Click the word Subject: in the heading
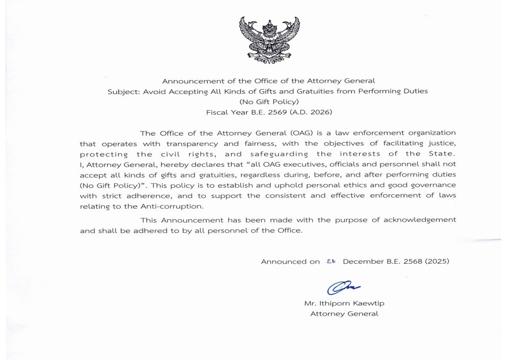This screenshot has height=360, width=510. click(121, 91)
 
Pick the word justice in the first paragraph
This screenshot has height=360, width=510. click(442, 144)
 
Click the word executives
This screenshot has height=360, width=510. click(285, 164)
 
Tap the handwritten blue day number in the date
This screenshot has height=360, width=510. click(331, 261)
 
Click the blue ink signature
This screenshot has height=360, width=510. click(343, 288)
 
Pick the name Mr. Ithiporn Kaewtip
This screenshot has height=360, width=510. click(344, 303)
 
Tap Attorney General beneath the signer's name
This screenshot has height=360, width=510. click(344, 314)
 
